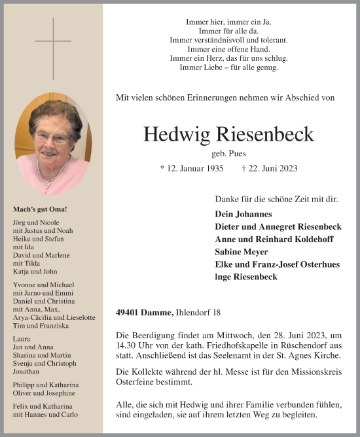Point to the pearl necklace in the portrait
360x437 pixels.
(x=54, y=169)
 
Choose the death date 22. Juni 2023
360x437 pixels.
(x=270, y=168)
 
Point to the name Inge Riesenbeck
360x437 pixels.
(x=246, y=277)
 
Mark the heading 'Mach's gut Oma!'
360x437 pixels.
(x=40, y=210)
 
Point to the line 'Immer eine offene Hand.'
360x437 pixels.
(x=228, y=49)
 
